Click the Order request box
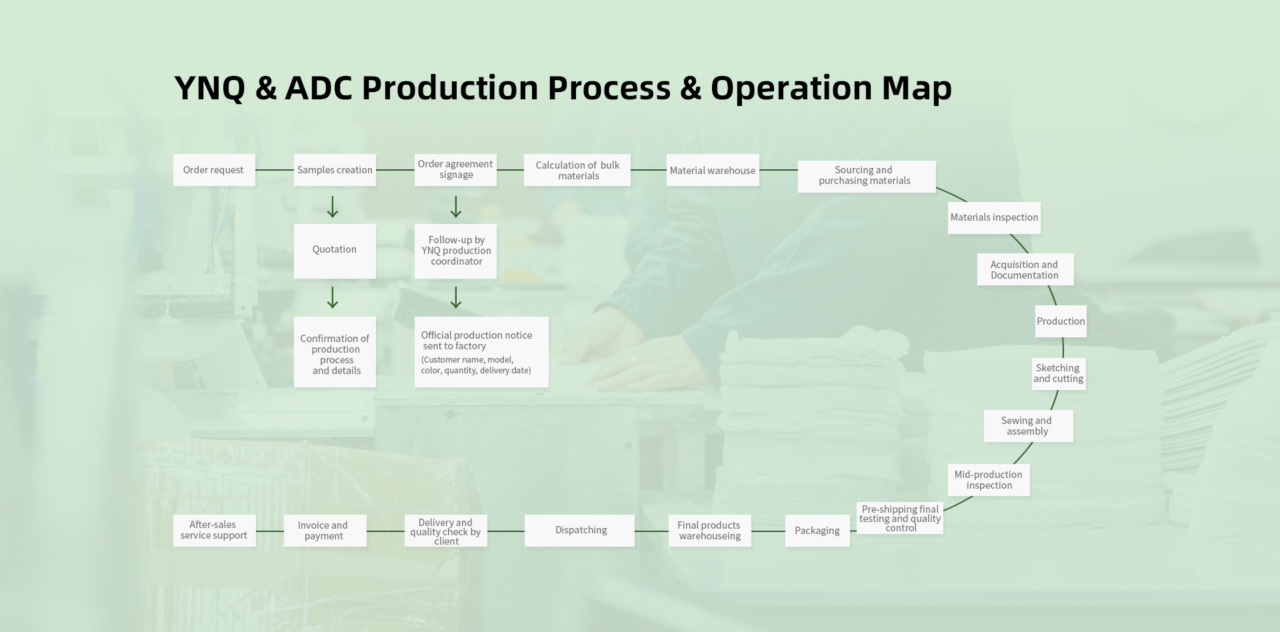point(214,170)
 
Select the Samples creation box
point(335,170)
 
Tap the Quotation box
point(335,251)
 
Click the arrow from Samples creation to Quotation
point(333,207)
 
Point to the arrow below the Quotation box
point(333,297)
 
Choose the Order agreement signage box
point(455,169)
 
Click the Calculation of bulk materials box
point(577,170)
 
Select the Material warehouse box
point(713,170)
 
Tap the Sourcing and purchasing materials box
point(866,176)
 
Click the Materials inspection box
point(994,217)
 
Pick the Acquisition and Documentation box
point(1025,269)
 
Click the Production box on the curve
point(1061,321)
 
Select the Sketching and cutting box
point(1059,373)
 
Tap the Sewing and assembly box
point(1028,426)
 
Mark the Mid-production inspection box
point(988,480)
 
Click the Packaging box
point(817,531)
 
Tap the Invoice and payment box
point(325,531)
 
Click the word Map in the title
point(917,87)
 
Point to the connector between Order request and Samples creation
point(275,170)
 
